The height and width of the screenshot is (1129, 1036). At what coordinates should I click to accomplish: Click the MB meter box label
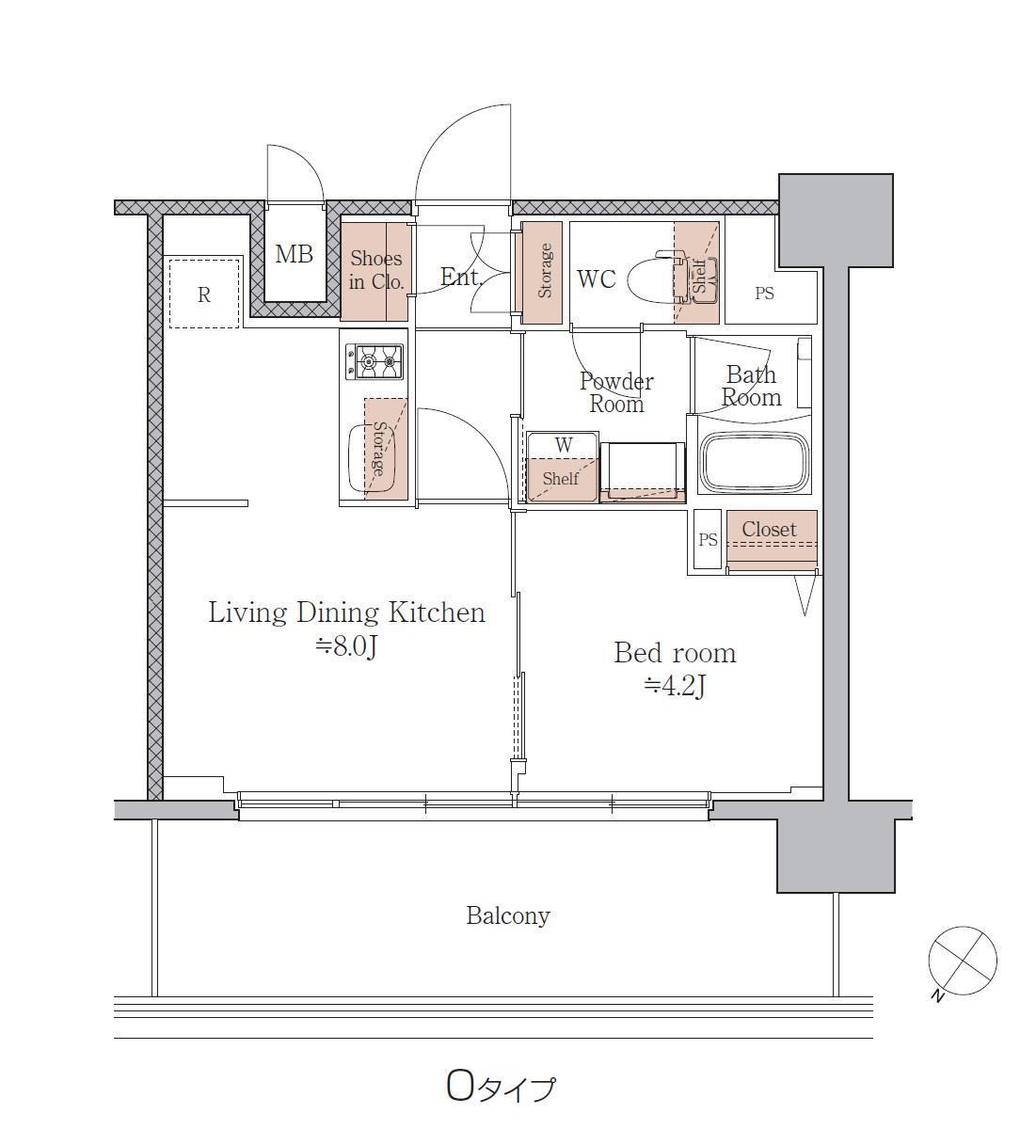[294, 254]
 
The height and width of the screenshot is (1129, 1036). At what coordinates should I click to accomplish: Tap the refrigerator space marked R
[204, 294]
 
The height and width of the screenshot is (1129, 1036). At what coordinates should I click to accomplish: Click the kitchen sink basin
[372, 458]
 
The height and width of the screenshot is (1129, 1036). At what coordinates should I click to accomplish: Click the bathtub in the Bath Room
[755, 462]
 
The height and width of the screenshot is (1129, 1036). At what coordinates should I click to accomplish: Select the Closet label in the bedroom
[769, 529]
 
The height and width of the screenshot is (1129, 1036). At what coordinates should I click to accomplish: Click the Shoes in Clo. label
[376, 270]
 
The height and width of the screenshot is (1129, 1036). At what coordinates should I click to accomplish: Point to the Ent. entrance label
[461, 277]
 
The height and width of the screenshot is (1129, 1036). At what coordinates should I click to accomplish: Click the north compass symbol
[963, 962]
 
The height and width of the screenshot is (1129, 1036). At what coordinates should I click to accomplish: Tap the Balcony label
[508, 915]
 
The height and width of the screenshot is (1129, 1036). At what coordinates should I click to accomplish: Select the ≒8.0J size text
[345, 646]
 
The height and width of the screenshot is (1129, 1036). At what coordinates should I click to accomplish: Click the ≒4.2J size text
[675, 686]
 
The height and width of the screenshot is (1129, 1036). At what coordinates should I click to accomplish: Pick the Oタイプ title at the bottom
[501, 1088]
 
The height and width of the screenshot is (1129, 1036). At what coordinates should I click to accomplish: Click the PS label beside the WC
[764, 294]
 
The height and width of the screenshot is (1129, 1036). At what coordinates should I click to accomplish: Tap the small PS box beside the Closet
[708, 539]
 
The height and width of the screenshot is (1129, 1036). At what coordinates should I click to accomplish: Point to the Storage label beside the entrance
[545, 271]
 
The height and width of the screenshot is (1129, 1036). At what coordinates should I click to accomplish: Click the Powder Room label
[616, 393]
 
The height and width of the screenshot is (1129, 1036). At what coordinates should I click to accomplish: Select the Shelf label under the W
[560, 478]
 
